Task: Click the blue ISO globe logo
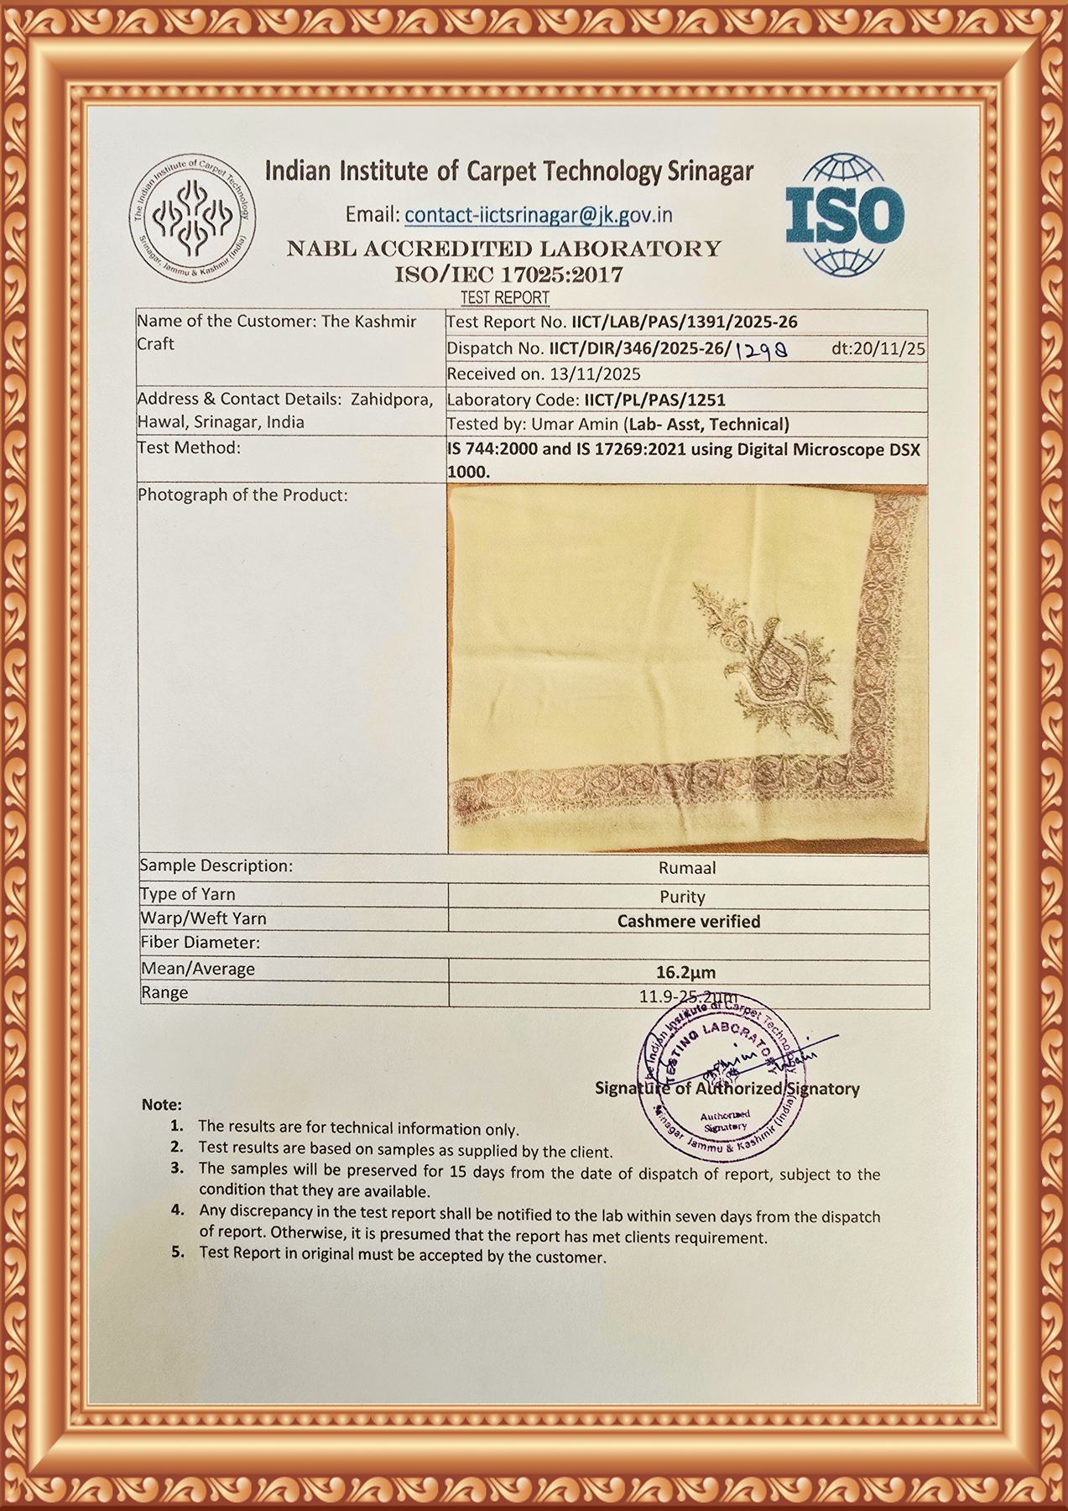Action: point(845,215)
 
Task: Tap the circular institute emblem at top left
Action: point(192,218)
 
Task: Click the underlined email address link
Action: point(538,216)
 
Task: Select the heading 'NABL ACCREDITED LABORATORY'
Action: point(504,248)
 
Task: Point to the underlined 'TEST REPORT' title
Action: point(504,298)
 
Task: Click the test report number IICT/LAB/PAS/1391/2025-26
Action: point(684,322)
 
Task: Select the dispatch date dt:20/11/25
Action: point(878,348)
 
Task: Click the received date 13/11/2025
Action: point(595,374)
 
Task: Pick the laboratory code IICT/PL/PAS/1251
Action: point(654,400)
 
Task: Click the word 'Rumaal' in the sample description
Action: point(687,868)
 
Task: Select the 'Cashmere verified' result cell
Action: point(688,921)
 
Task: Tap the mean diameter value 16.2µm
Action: point(685,972)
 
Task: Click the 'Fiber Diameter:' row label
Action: point(200,943)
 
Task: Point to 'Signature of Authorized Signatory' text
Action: point(727,1089)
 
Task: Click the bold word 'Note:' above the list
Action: point(161,1105)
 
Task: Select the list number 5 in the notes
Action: point(177,1252)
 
